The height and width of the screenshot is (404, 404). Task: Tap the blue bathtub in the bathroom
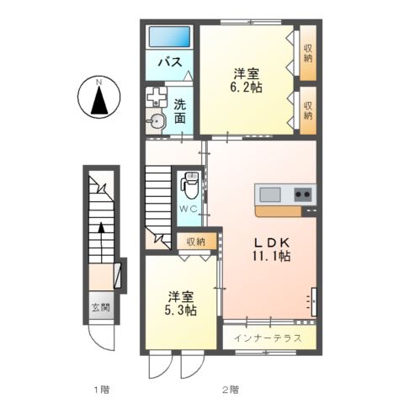point(170,37)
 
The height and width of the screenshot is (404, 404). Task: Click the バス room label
point(171,62)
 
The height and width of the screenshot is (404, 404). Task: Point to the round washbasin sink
point(157,122)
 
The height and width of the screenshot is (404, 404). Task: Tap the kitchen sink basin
point(270,195)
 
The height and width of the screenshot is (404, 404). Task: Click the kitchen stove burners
point(302,195)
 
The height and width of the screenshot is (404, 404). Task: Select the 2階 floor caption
point(229,389)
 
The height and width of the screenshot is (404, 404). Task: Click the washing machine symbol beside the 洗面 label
point(157,96)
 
